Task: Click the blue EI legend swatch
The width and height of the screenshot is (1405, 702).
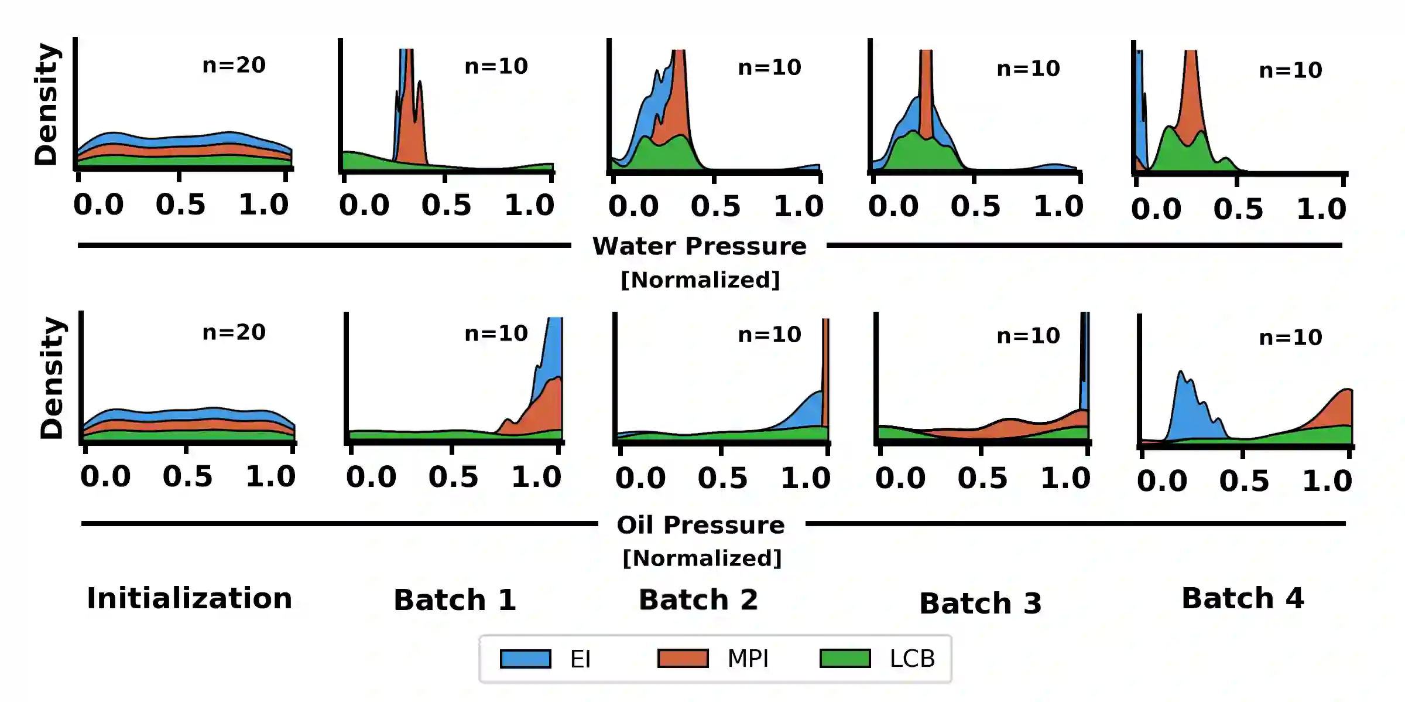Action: (x=525, y=659)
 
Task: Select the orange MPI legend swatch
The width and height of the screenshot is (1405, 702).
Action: (x=683, y=659)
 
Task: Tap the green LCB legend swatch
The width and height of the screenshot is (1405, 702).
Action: (x=845, y=659)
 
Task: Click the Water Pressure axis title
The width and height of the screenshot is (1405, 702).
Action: (x=700, y=246)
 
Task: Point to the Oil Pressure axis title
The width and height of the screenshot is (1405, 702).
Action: (x=701, y=525)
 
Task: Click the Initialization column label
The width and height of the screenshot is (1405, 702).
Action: (x=189, y=598)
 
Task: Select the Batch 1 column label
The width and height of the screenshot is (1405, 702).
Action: (x=455, y=600)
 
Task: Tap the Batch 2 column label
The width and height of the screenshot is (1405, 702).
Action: (x=698, y=600)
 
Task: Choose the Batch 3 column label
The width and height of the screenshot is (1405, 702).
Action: (x=981, y=604)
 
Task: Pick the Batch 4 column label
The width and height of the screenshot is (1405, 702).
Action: (x=1243, y=598)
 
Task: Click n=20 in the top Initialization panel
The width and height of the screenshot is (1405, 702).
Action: (x=234, y=65)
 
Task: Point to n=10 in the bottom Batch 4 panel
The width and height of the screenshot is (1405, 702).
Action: (x=1291, y=338)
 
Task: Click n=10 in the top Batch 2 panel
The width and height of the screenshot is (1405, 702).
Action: (x=770, y=67)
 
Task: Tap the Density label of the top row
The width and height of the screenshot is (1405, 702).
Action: (x=46, y=104)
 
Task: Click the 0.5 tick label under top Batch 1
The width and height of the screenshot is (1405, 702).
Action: (x=446, y=205)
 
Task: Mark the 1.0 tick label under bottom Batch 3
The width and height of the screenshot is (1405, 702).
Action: (x=1065, y=478)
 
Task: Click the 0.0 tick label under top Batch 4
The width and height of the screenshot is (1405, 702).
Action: (x=1156, y=209)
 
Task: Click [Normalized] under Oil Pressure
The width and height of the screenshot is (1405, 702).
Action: (x=702, y=558)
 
